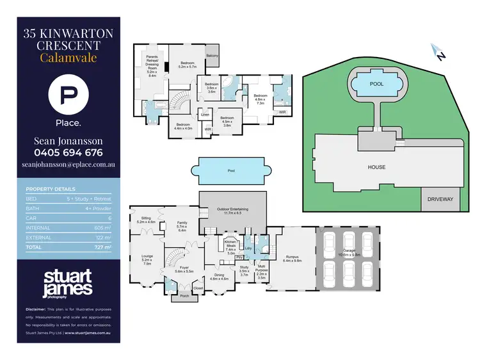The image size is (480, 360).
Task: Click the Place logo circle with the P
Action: [67, 95]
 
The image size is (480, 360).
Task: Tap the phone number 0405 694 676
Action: [68, 152]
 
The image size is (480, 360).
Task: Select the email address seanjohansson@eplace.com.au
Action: [67, 165]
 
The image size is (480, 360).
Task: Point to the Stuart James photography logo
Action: [68, 282]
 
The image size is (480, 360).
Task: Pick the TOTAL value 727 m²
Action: [102, 247]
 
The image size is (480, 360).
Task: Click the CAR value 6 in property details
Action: [109, 218]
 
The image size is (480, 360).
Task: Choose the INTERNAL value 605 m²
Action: [102, 227]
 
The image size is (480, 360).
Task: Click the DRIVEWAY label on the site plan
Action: [440, 199]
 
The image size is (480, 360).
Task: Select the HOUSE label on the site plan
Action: [376, 167]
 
